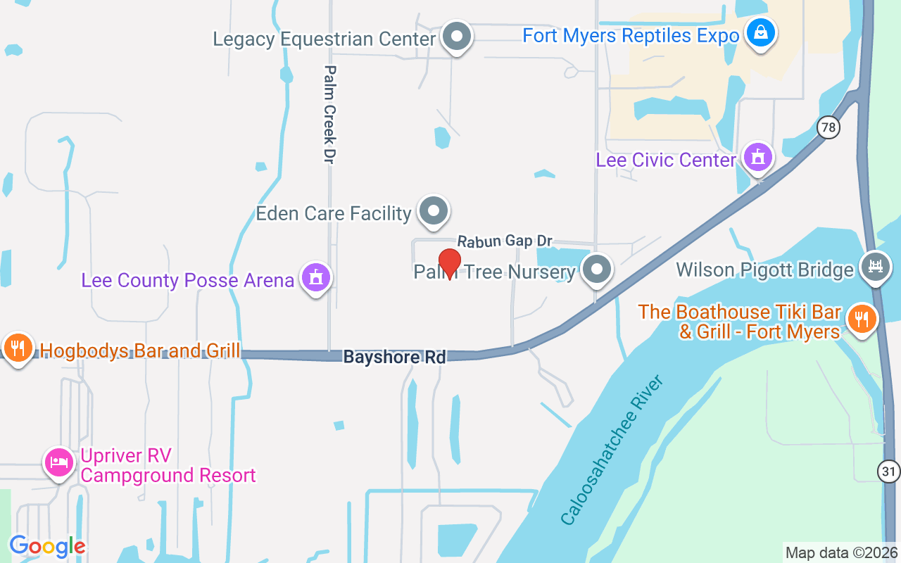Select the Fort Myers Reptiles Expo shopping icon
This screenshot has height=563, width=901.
pyautogui.click(x=760, y=32)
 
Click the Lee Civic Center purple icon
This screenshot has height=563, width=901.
pyautogui.click(x=757, y=158)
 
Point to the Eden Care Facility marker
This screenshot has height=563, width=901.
pyautogui.click(x=434, y=210)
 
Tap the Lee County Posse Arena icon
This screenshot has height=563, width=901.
pyautogui.click(x=316, y=277)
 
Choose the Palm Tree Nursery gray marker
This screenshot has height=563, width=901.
pyautogui.click(x=598, y=268)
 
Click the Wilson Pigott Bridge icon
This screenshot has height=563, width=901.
pyautogui.click(x=876, y=267)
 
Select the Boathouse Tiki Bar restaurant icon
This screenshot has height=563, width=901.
pyautogui.click(x=860, y=319)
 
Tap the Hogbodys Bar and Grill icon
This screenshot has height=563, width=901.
pyautogui.click(x=18, y=347)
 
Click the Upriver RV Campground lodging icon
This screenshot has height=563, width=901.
pyautogui.click(x=58, y=462)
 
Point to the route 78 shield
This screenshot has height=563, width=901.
pyautogui.click(x=829, y=127)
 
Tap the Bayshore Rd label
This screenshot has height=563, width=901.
pyautogui.click(x=394, y=358)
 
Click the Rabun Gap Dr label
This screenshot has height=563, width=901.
pyautogui.click(x=504, y=241)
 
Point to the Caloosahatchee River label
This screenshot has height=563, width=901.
pyautogui.click(x=612, y=450)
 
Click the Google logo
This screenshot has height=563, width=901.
pyautogui.click(x=47, y=546)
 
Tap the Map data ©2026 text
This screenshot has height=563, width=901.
pyautogui.click(x=841, y=552)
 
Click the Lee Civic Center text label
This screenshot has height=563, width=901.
pyautogui.click(x=666, y=160)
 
